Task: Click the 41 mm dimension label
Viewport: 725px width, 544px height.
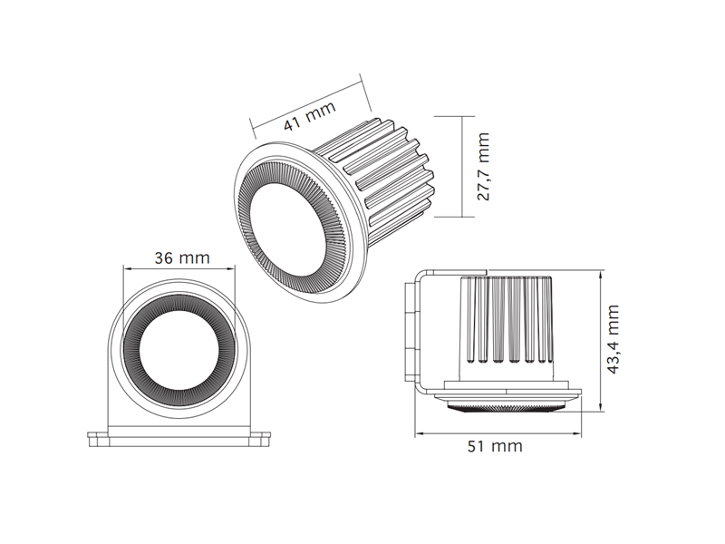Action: tap(309, 116)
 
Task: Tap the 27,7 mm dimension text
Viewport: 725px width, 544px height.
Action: tap(483, 167)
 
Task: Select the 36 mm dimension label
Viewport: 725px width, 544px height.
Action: tap(182, 257)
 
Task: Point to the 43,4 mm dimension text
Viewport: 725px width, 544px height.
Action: tap(613, 339)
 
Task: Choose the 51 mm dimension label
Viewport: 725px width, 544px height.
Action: tap(495, 446)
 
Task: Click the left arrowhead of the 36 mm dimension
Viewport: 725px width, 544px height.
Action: tap(126, 268)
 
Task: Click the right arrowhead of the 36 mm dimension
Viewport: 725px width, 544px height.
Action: tap(231, 268)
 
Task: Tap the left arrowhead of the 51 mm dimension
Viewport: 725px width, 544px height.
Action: tap(419, 433)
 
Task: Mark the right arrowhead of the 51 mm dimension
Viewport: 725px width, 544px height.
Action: tap(577, 433)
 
